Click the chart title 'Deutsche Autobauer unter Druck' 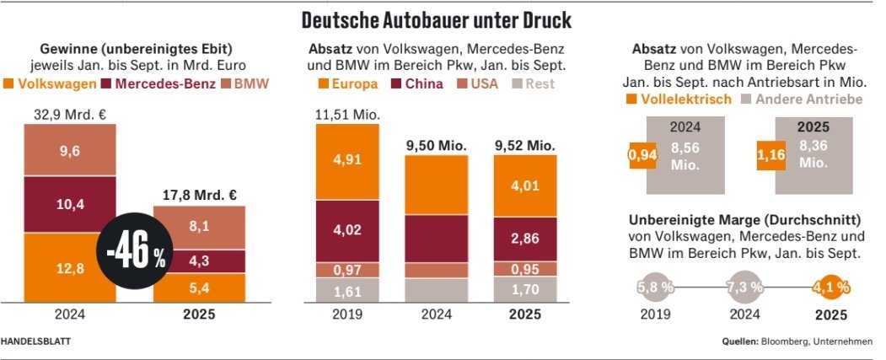point(443,19)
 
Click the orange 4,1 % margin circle point(832,287)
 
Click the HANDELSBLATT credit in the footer point(36,341)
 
